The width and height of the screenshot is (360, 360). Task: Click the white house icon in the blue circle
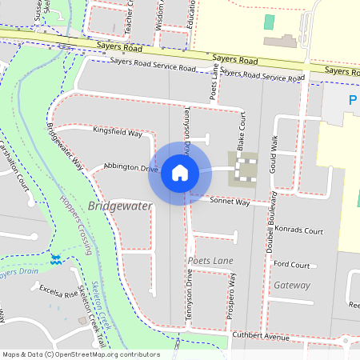[x=179, y=173]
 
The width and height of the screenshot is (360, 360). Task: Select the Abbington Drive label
[x=131, y=168]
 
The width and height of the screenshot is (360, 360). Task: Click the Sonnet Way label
[x=230, y=202]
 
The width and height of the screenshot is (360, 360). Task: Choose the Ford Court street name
[x=291, y=264]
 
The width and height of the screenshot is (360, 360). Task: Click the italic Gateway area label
[x=292, y=285]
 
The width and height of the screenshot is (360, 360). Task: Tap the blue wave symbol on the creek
[x=56, y=259]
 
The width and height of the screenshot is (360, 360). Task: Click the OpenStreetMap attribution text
[x=81, y=354]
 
